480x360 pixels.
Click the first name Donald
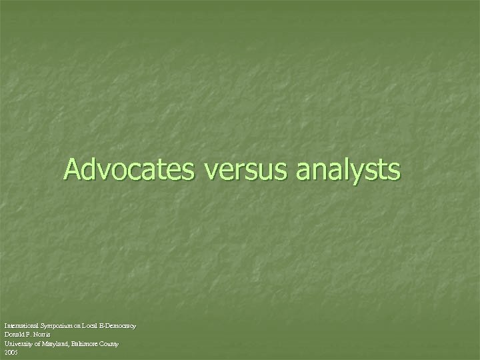point(14,334)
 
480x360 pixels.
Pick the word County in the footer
point(110,343)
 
